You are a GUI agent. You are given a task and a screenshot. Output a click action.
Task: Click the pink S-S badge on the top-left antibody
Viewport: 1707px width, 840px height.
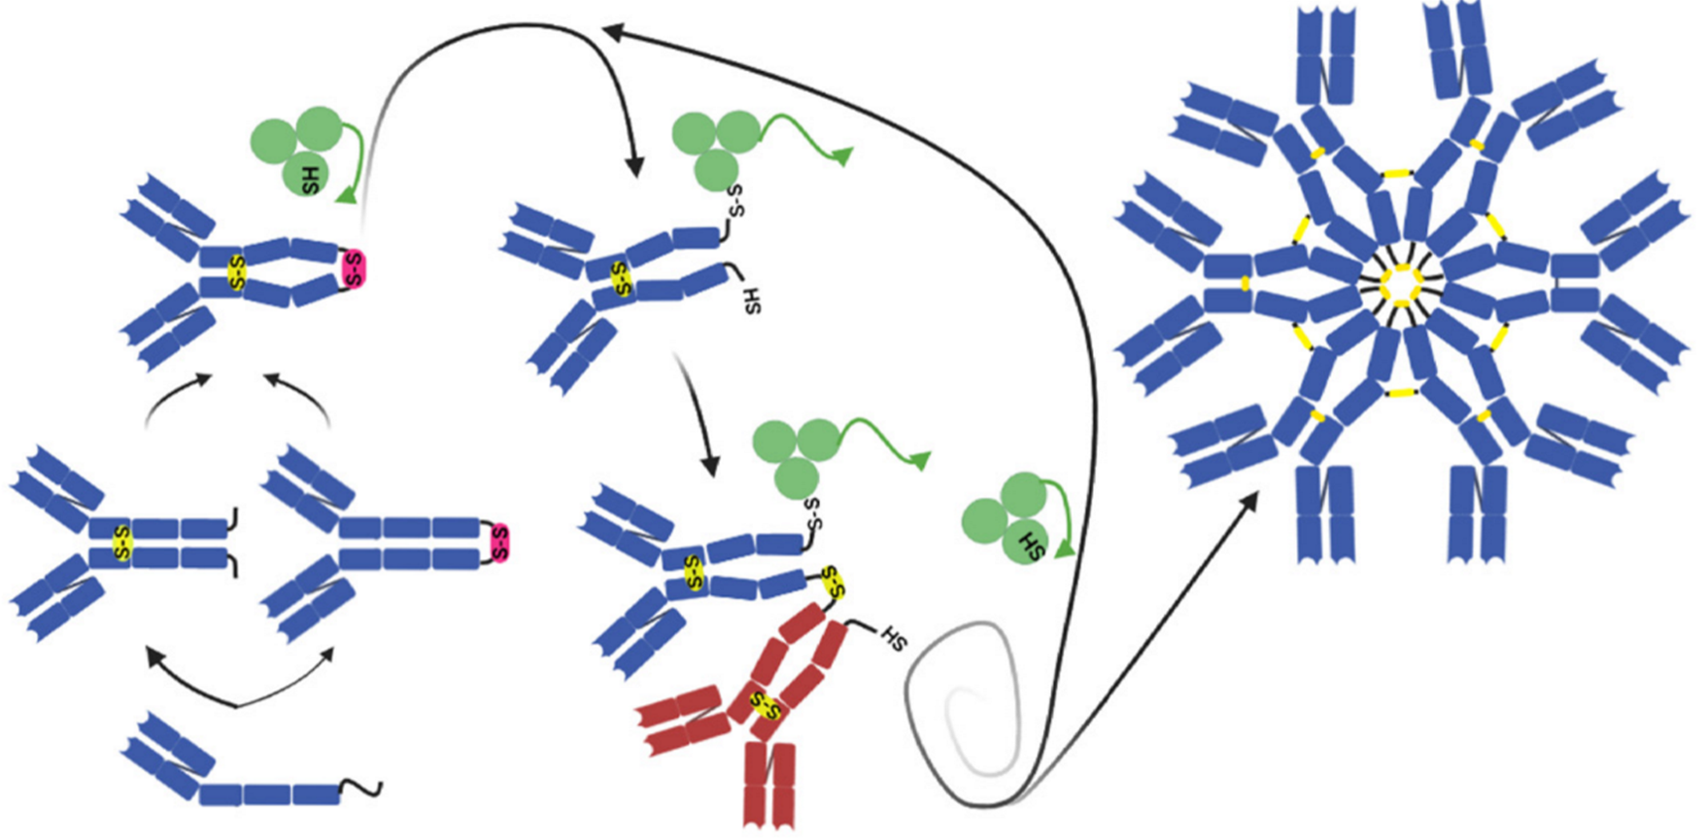click(353, 268)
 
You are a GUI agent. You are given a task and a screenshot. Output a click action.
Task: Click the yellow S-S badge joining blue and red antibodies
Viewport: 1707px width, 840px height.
click(833, 581)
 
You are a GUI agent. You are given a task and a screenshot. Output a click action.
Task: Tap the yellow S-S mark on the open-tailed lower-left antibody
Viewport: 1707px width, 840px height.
click(120, 543)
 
